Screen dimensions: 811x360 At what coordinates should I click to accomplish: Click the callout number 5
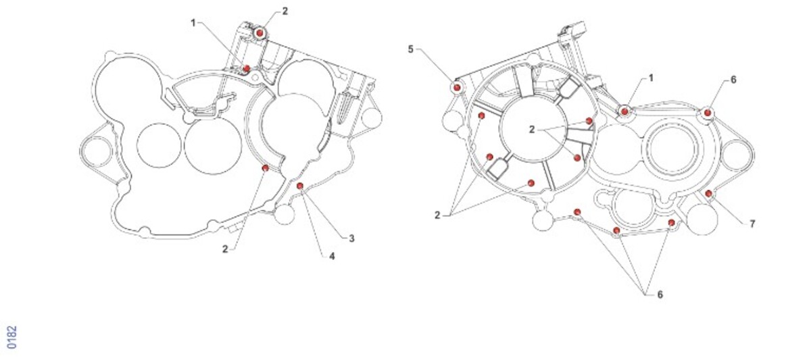tap(410, 49)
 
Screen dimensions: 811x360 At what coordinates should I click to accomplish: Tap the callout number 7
tap(752, 224)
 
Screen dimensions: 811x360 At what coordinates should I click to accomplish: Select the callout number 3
tap(351, 238)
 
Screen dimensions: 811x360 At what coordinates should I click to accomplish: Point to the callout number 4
tap(332, 256)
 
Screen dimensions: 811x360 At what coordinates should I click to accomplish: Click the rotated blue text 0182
tap(12, 337)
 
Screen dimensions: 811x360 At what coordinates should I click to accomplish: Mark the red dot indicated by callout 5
tap(457, 87)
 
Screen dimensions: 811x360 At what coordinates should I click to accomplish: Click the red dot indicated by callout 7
tap(709, 194)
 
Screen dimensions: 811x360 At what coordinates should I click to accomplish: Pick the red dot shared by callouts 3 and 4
tap(300, 186)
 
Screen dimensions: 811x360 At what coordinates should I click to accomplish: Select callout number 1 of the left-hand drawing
tap(193, 23)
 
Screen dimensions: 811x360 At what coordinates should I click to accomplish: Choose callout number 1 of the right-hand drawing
tap(651, 78)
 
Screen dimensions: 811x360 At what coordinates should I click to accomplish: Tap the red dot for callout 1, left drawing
tap(247, 68)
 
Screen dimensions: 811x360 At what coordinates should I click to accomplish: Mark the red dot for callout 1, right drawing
tap(624, 111)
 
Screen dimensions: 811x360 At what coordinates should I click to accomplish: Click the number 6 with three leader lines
tap(660, 294)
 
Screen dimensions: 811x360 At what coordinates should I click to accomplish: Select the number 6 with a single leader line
tap(733, 80)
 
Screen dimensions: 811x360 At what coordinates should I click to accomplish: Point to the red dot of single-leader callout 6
tap(708, 113)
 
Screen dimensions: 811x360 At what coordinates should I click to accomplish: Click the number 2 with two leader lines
tap(532, 129)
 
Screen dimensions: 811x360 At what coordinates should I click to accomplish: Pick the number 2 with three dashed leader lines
tap(437, 215)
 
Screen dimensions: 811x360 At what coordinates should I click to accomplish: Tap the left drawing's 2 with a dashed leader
tap(225, 249)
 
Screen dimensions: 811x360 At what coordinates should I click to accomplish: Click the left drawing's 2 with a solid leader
tap(285, 11)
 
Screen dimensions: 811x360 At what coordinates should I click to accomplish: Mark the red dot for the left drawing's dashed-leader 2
tap(266, 168)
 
